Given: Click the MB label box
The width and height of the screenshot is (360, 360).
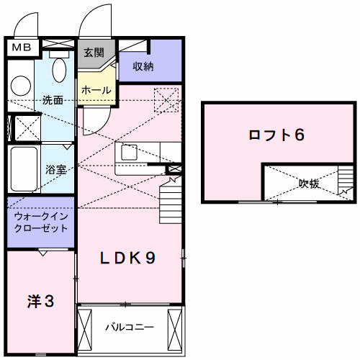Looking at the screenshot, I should (x=19, y=48).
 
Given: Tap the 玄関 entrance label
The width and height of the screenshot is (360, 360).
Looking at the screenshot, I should (x=94, y=53).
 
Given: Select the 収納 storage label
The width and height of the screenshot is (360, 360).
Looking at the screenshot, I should (x=143, y=67).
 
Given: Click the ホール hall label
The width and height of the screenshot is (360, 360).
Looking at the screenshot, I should (x=96, y=91).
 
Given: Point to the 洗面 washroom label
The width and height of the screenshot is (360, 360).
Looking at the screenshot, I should (x=52, y=100).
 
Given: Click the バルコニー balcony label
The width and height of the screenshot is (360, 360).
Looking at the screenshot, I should (x=130, y=328).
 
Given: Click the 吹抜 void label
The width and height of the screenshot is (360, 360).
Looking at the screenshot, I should (x=309, y=184).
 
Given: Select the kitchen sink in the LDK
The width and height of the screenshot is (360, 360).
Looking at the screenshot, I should (x=130, y=153).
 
